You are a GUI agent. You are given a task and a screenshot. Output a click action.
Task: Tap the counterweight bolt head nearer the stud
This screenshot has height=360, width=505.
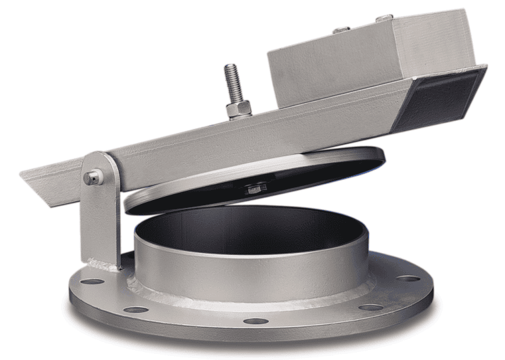click(342, 29)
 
